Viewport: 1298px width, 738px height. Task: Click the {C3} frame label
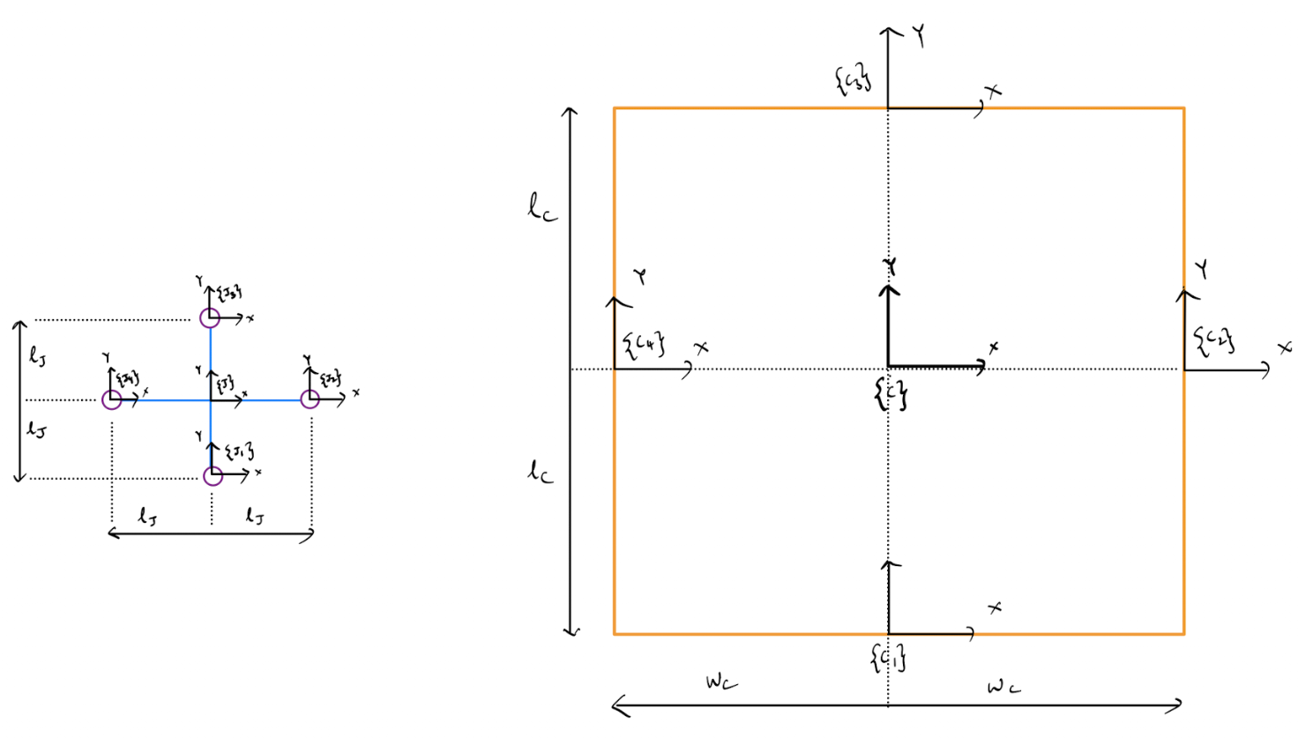(x=853, y=79)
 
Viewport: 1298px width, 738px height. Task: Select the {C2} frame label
(x=1214, y=339)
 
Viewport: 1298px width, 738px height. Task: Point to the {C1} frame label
(x=888, y=657)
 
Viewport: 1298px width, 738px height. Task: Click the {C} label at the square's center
(x=891, y=395)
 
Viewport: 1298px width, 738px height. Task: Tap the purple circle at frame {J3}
(x=210, y=317)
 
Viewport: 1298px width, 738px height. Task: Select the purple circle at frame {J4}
(x=112, y=400)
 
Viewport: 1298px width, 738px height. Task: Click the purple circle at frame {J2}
(x=310, y=399)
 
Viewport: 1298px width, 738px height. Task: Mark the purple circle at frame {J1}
(x=213, y=476)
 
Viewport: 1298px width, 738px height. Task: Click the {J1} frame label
(x=239, y=452)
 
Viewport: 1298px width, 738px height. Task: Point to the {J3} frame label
(x=229, y=293)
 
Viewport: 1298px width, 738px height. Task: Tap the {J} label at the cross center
(x=225, y=384)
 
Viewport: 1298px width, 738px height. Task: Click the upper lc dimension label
(x=542, y=209)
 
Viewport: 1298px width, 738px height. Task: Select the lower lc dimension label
(x=541, y=472)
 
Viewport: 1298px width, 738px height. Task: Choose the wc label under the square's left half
(x=721, y=682)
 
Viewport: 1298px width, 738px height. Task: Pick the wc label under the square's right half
(x=1003, y=686)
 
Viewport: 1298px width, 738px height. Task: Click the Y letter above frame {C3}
(x=919, y=37)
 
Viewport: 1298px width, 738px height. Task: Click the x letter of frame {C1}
(x=995, y=608)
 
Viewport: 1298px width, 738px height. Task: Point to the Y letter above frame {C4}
(x=641, y=276)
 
